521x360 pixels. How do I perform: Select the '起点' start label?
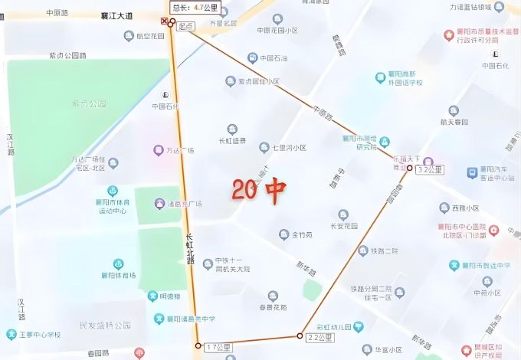click(185, 26)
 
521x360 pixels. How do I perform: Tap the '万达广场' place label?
click(180, 150)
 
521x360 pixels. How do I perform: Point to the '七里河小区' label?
click(289, 148)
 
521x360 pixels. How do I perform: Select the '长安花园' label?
click(343, 226)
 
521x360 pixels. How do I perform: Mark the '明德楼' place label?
click(169, 296)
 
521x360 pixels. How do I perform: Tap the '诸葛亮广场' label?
click(184, 204)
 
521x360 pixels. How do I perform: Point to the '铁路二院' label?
click(384, 251)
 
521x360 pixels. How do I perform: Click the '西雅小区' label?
click(464, 208)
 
